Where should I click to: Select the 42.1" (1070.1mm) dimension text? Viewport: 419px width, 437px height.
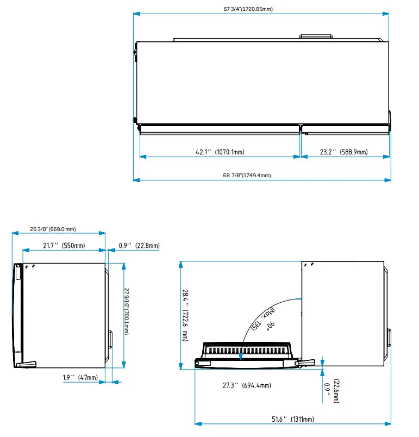220,152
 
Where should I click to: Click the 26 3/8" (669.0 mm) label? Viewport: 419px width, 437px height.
53,229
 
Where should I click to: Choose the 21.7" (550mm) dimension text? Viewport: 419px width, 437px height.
64,246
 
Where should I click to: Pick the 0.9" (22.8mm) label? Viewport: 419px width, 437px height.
139,246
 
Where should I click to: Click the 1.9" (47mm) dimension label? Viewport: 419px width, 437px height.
80,377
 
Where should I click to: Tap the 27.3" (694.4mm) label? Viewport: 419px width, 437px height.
247,385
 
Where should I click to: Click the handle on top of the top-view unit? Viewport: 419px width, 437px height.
316,36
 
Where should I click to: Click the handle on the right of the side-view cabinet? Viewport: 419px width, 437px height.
110,340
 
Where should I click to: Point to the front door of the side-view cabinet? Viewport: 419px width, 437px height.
18,315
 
